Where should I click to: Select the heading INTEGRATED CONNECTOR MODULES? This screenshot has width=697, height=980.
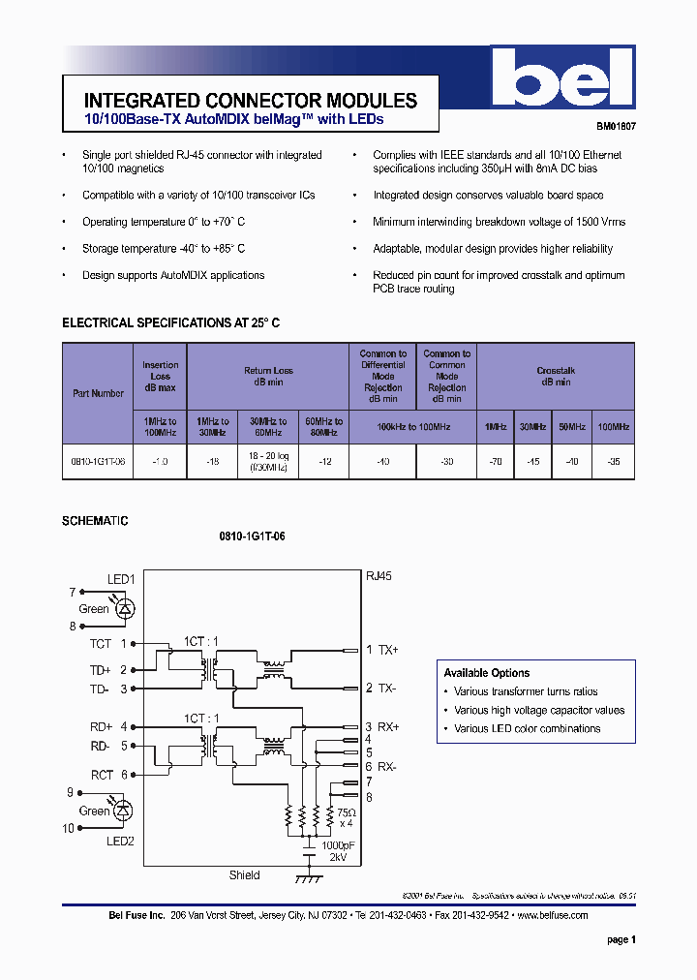click(x=251, y=101)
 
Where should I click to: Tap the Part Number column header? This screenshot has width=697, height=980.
click(x=99, y=393)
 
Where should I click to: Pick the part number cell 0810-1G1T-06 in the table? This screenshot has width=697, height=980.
click(x=99, y=462)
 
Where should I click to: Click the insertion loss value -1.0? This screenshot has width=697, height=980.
click(x=160, y=462)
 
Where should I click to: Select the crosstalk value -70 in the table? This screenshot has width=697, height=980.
click(x=495, y=462)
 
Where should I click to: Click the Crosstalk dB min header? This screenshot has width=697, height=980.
click(x=556, y=376)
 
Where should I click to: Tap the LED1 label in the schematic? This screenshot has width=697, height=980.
click(x=120, y=579)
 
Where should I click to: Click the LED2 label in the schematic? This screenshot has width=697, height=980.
click(x=120, y=842)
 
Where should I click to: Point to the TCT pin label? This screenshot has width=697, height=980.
click(x=101, y=643)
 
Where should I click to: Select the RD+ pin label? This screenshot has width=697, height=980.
click(x=102, y=726)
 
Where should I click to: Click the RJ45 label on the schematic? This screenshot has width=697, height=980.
click(x=379, y=575)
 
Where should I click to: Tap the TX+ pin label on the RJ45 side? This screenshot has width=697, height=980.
click(x=388, y=650)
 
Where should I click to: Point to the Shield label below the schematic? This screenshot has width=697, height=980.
click(x=244, y=875)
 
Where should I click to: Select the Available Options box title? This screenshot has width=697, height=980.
click(x=487, y=673)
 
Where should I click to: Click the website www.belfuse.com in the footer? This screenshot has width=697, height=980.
click(x=552, y=915)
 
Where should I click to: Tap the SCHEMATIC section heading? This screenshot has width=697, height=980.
click(x=95, y=521)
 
